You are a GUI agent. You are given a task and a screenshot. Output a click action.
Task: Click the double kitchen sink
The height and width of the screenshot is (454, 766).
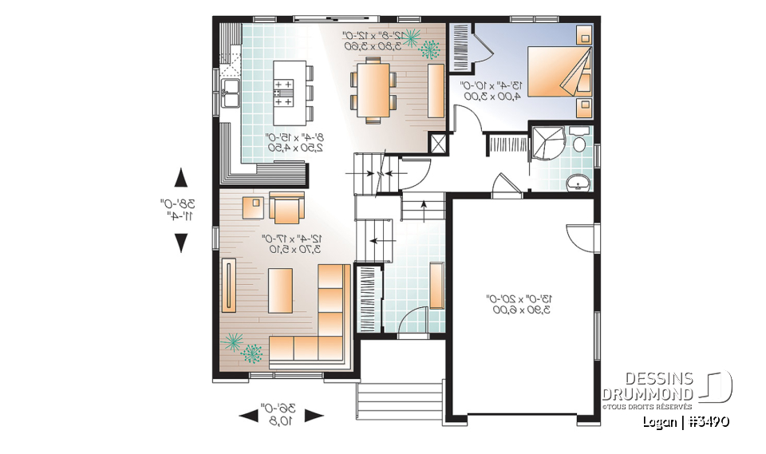[231, 93]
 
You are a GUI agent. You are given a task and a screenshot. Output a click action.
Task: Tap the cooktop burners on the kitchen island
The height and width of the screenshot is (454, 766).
[282, 92]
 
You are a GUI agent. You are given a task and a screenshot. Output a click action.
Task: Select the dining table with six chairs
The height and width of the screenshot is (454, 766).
[373, 91]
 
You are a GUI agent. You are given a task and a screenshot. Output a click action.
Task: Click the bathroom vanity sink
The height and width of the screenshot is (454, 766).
[578, 183]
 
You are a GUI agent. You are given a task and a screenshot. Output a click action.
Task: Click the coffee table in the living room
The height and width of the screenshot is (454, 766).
[280, 292]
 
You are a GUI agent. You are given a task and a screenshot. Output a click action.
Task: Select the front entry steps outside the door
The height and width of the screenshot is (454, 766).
[399, 396]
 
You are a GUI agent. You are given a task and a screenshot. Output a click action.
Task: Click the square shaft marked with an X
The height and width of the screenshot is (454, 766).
[438, 144]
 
